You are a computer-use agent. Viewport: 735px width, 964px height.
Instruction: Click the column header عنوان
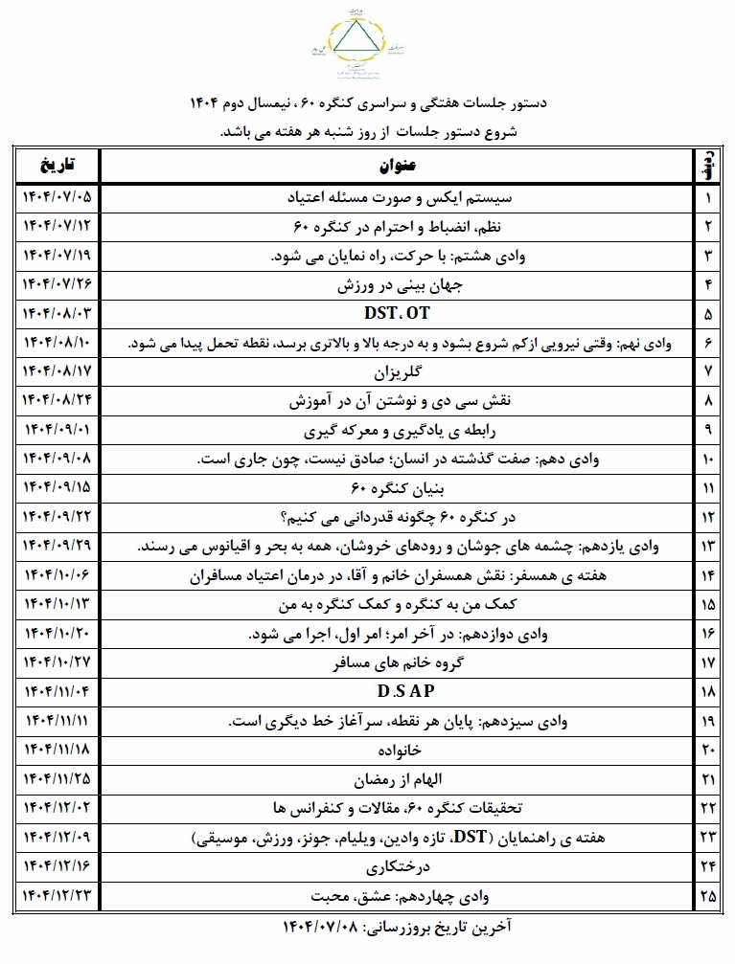point(397,164)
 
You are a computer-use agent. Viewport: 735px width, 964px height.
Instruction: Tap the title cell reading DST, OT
point(397,313)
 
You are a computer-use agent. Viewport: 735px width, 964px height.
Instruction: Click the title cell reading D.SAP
point(397,689)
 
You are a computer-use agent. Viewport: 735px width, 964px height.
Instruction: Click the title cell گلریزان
point(397,369)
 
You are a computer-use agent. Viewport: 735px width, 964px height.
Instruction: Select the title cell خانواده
point(397,748)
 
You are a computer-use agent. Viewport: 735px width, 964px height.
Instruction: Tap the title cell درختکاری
point(397,868)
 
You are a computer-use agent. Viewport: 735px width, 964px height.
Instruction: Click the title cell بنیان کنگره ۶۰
point(397,488)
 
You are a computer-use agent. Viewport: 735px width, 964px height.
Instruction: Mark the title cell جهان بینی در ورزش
point(397,285)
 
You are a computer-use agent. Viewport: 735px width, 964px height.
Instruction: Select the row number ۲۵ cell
point(708,897)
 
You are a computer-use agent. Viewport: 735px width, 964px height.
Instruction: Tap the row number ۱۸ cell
point(708,689)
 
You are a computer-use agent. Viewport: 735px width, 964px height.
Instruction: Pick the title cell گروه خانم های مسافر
point(397,661)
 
